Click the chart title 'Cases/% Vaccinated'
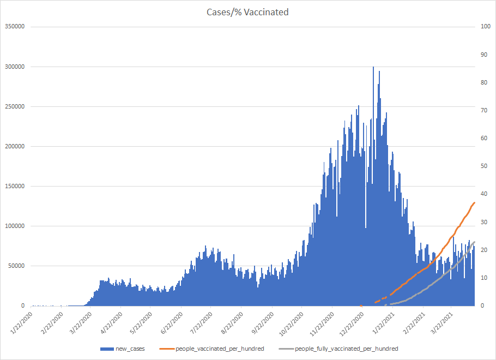[248, 12]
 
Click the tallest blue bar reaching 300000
[373, 68]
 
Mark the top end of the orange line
[475, 202]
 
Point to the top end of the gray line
[475, 242]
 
